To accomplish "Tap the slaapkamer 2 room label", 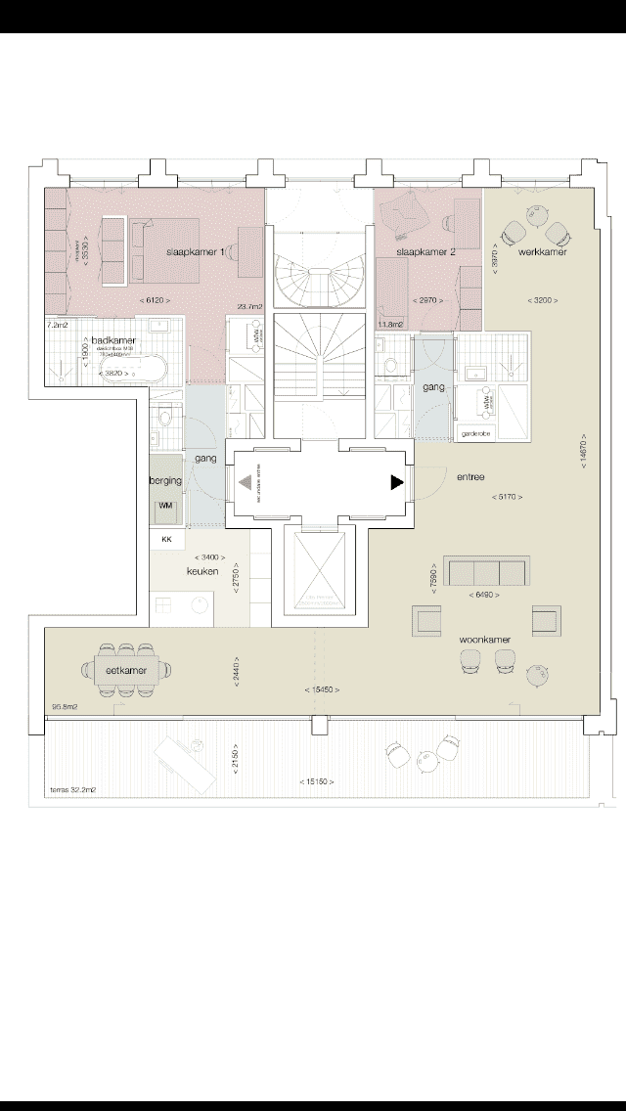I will [x=422, y=252].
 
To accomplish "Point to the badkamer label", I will [x=110, y=340].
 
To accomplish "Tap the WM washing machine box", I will [x=165, y=505].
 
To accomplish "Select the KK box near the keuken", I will [x=166, y=539].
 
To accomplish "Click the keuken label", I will [x=201, y=571].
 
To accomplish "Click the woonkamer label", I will [x=487, y=640].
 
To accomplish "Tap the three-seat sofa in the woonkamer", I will [x=486, y=572].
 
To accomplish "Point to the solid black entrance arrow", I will [x=396, y=482].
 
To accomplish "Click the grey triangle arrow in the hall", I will [x=243, y=482].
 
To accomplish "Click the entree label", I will [x=470, y=477].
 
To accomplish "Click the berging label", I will [x=165, y=481].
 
